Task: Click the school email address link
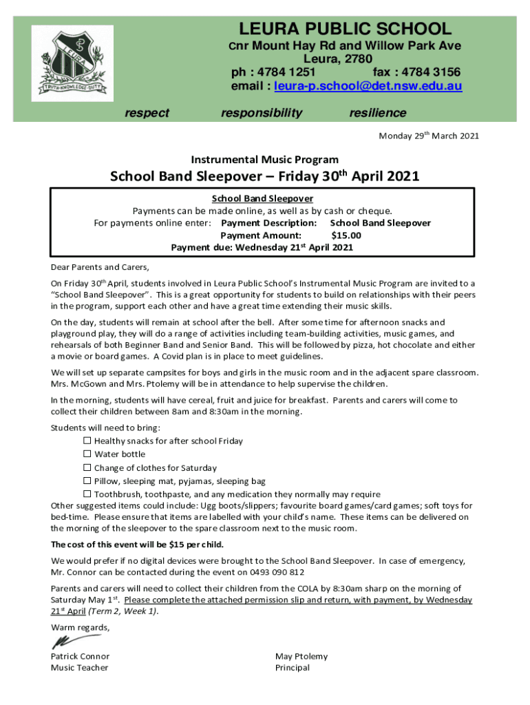pyautogui.click(x=368, y=87)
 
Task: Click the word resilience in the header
pyautogui.click(x=378, y=113)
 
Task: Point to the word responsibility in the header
pyautogui.click(x=262, y=113)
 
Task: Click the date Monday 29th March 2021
pyautogui.click(x=429, y=136)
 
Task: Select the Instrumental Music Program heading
pyautogui.click(x=264, y=160)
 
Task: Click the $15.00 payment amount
pyautogui.click(x=346, y=235)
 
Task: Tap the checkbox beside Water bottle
pyautogui.click(x=87, y=454)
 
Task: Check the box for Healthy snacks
pyautogui.click(x=87, y=441)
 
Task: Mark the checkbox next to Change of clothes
pyautogui.click(x=87, y=468)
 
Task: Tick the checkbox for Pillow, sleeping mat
pyautogui.click(x=87, y=481)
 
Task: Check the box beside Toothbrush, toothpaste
pyautogui.click(x=87, y=494)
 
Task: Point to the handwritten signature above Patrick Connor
pyautogui.click(x=67, y=642)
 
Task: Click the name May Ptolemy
pyautogui.click(x=301, y=656)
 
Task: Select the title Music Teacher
pyautogui.click(x=79, y=668)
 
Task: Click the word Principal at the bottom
pyautogui.click(x=293, y=668)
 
